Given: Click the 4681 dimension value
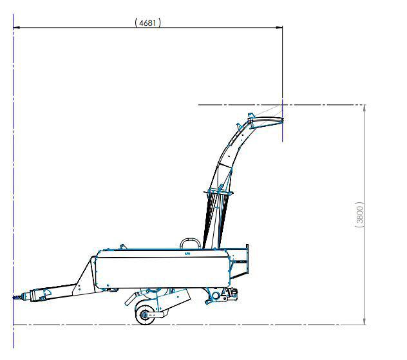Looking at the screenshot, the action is point(147,23).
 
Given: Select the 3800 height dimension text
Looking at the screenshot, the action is point(359,214).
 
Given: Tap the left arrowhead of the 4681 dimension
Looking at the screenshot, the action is point(17,27).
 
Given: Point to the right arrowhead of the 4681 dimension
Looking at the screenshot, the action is point(279,27).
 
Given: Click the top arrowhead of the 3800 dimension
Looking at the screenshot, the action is point(364,108).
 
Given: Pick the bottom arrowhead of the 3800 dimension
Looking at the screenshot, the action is point(364,321).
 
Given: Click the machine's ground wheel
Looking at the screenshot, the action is point(144,315).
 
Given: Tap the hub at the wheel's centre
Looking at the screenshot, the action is point(144,315).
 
